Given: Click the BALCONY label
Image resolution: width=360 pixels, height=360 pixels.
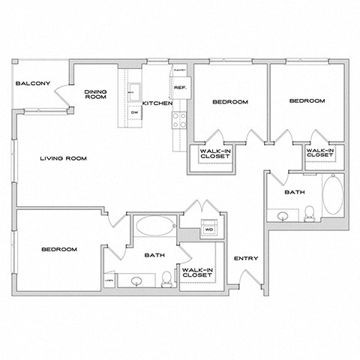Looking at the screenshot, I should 33,84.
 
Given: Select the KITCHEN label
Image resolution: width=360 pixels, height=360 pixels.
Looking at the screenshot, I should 158,102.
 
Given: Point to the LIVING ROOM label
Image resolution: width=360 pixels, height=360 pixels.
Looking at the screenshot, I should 64,158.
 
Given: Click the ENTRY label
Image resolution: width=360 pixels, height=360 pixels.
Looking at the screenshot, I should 246,259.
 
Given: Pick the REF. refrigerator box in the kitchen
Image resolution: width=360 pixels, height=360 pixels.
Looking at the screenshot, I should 180,88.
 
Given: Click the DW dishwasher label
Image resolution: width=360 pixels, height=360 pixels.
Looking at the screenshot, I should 134,112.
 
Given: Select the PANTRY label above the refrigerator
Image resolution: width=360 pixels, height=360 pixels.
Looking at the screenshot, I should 180,70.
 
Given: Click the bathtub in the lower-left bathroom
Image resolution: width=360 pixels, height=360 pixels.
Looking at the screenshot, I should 154,226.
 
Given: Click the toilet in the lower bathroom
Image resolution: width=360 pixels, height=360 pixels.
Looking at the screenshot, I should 166,280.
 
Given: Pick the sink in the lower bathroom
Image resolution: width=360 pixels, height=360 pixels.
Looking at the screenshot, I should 136,281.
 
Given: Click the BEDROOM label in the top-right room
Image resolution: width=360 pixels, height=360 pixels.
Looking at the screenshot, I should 307,101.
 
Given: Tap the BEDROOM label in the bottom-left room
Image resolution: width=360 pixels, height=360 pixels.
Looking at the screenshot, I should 58,249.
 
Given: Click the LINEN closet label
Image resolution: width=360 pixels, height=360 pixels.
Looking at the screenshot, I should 110,280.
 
